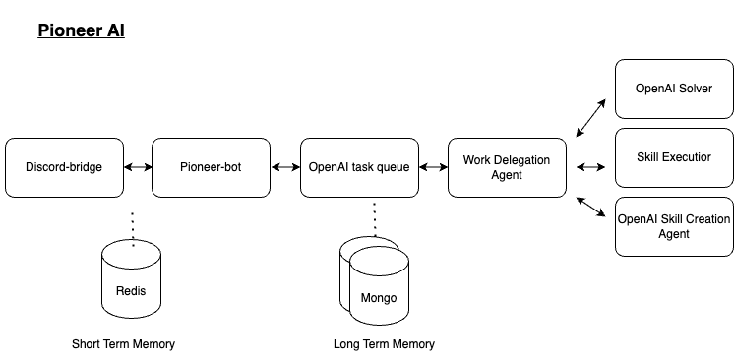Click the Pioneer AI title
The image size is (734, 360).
(81, 30)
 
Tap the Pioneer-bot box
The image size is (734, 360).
(211, 167)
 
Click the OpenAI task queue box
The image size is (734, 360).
(359, 167)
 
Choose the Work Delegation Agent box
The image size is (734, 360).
(507, 167)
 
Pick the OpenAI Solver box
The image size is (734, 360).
(673, 89)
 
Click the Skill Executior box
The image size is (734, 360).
(673, 157)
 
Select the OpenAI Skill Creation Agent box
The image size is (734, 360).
(673, 226)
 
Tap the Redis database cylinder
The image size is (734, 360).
(131, 280)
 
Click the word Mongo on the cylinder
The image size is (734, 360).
(379, 298)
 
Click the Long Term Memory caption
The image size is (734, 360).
(383, 344)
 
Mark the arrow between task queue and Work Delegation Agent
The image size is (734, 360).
(433, 167)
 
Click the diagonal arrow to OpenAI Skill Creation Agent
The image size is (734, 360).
(591, 207)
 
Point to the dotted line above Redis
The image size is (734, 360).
(131, 221)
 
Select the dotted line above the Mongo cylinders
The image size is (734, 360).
(374, 218)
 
